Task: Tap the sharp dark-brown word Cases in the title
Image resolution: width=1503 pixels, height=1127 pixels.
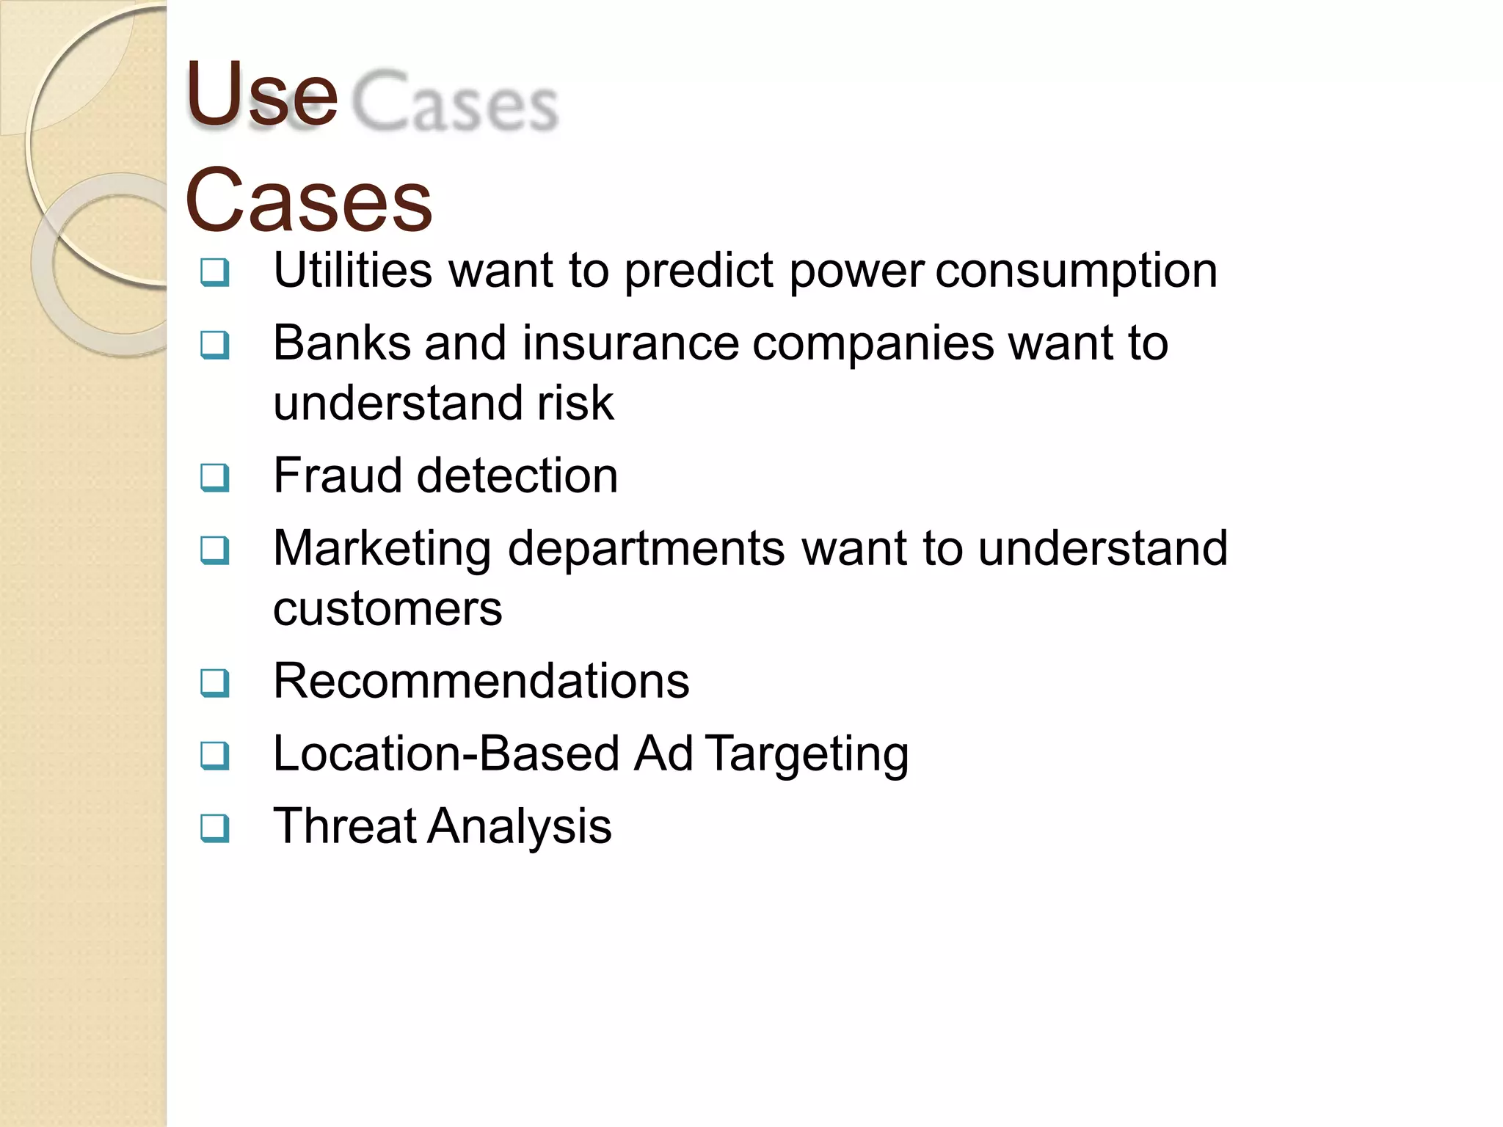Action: point(308,200)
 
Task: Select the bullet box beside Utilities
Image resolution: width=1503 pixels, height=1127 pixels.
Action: point(215,273)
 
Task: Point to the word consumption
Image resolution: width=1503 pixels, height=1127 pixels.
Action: point(1076,271)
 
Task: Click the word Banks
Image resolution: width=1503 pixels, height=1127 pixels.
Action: point(341,343)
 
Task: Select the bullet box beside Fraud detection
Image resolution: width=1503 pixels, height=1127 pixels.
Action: point(215,478)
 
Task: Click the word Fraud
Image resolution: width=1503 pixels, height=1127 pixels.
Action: point(338,475)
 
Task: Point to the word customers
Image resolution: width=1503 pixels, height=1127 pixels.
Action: point(387,609)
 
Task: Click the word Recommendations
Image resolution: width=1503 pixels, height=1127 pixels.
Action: point(481,681)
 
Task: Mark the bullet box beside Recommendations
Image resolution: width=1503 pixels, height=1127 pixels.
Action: point(215,683)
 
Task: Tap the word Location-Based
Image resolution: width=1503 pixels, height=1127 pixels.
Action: point(446,754)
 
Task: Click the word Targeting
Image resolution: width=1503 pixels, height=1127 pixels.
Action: point(807,755)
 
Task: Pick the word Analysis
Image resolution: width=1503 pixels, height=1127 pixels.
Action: point(520,827)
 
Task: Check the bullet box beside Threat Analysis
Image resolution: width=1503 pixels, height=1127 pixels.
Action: point(215,828)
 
